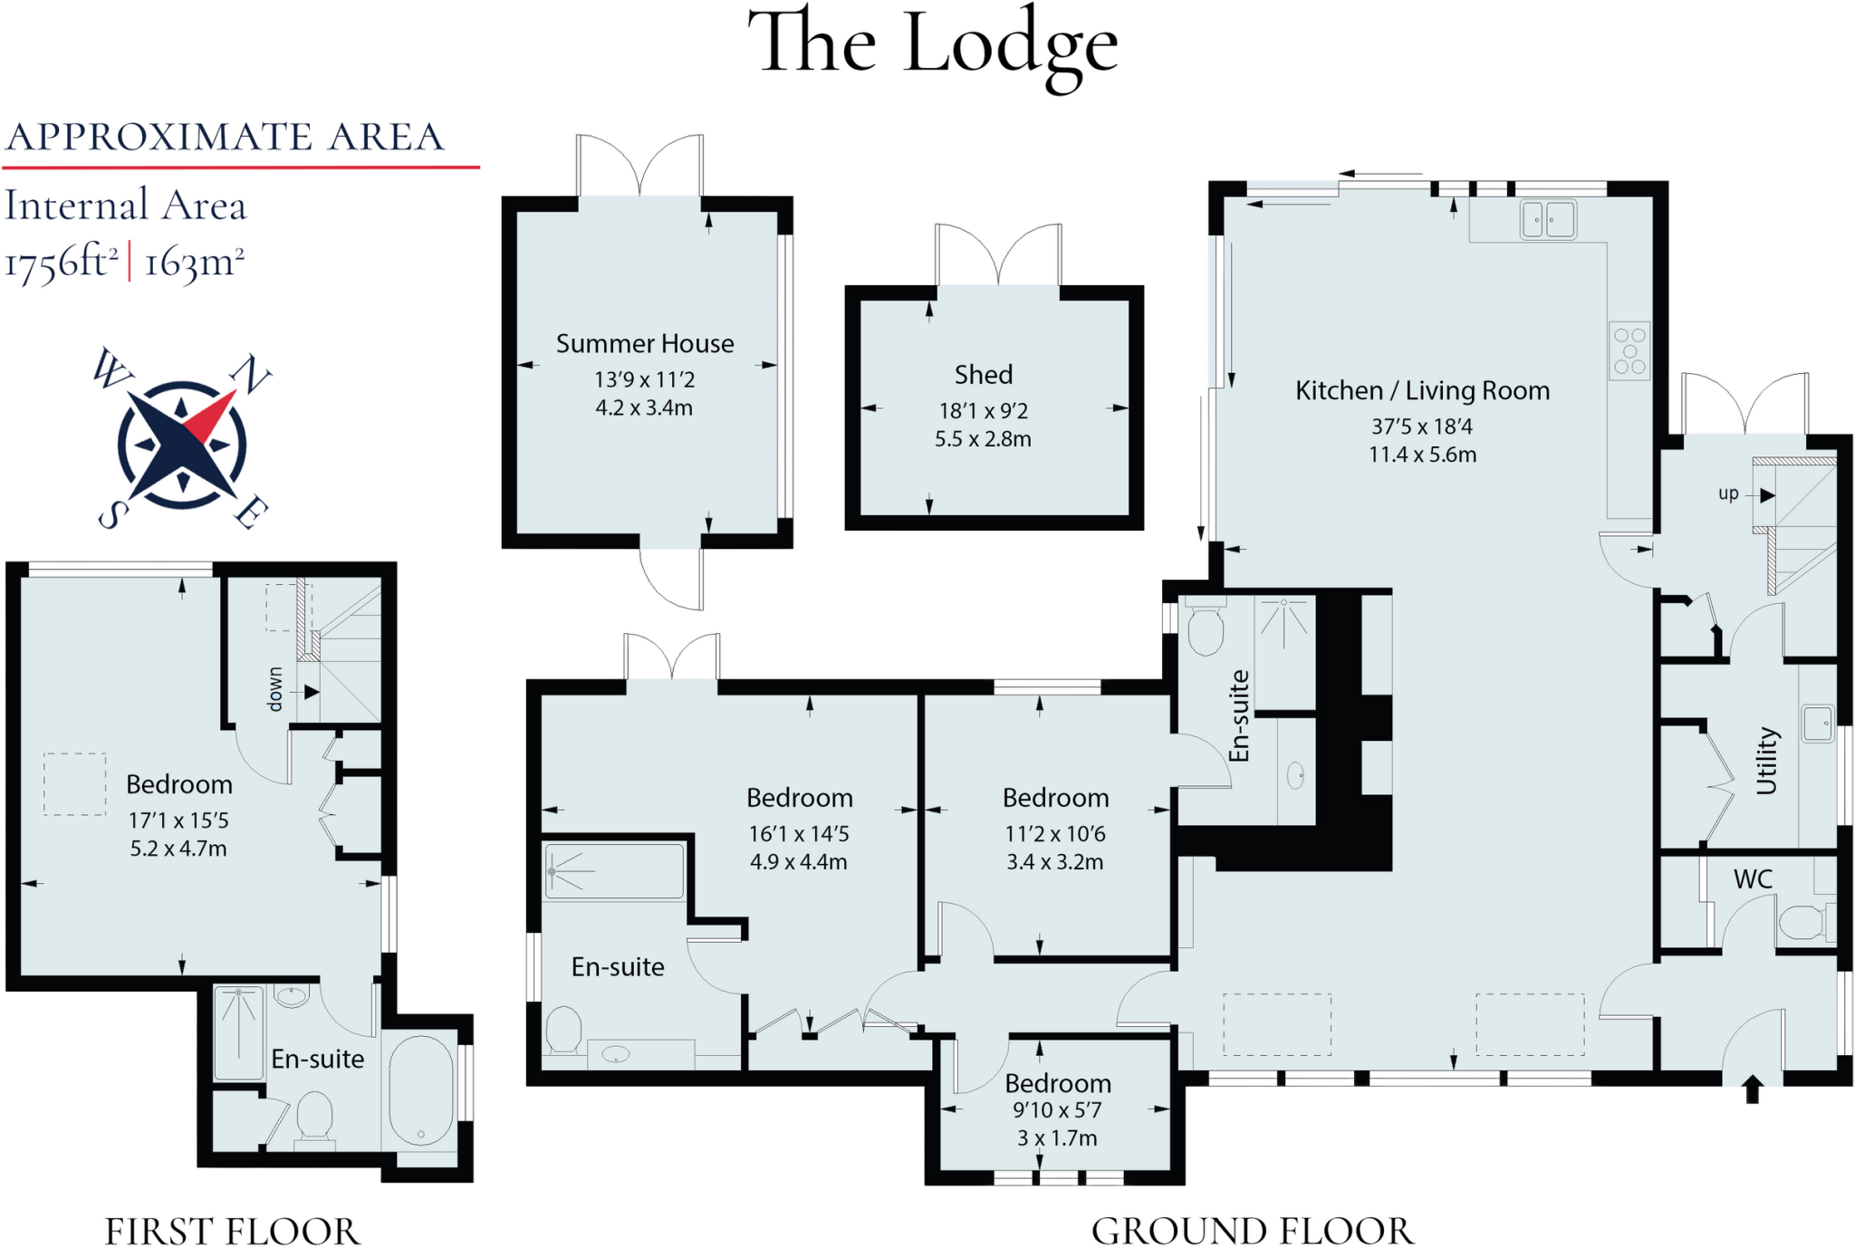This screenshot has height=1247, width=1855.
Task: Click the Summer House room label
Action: [x=644, y=344]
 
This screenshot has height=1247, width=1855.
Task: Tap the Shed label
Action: [x=983, y=375]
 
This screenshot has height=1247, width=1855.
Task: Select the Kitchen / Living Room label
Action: [x=1422, y=391]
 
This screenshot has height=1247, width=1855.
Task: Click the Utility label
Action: [x=1767, y=761]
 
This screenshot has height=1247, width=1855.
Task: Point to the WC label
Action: [x=1753, y=879]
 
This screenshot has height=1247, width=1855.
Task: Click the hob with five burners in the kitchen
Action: [x=1629, y=350]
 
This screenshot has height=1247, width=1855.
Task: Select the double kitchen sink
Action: [x=1548, y=220]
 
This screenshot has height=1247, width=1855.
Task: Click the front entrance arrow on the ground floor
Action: [x=1752, y=1089]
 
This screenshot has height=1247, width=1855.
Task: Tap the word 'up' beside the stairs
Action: [x=1728, y=494]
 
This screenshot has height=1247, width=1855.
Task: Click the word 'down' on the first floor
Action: [x=275, y=690]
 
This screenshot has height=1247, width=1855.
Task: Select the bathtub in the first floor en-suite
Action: [x=421, y=1090]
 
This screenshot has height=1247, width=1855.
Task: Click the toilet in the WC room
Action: [x=1801, y=925]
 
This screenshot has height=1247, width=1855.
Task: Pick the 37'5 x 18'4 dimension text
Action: [x=1422, y=427]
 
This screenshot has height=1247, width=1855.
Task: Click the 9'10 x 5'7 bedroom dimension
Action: [x=1057, y=1110]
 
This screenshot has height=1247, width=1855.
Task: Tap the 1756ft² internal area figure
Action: [x=62, y=264]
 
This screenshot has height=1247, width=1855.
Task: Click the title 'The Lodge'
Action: [x=933, y=45]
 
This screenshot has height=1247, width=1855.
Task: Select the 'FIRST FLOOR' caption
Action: [x=232, y=1232]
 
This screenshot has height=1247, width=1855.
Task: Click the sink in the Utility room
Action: [x=1817, y=724]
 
